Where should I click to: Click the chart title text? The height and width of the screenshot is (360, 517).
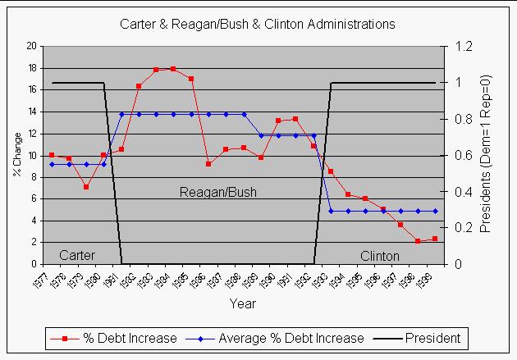258,25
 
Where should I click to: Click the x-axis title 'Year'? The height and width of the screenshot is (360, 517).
242,303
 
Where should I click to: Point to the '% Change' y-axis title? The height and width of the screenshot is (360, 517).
16,155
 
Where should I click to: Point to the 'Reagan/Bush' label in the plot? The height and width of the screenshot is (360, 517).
218,193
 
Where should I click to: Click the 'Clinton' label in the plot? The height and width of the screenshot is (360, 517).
380,255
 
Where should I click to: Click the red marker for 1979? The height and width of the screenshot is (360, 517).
86,187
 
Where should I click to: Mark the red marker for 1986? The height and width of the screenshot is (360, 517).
208,164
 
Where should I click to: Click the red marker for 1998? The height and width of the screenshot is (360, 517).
418,241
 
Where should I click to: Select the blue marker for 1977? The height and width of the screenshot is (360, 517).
52,164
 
